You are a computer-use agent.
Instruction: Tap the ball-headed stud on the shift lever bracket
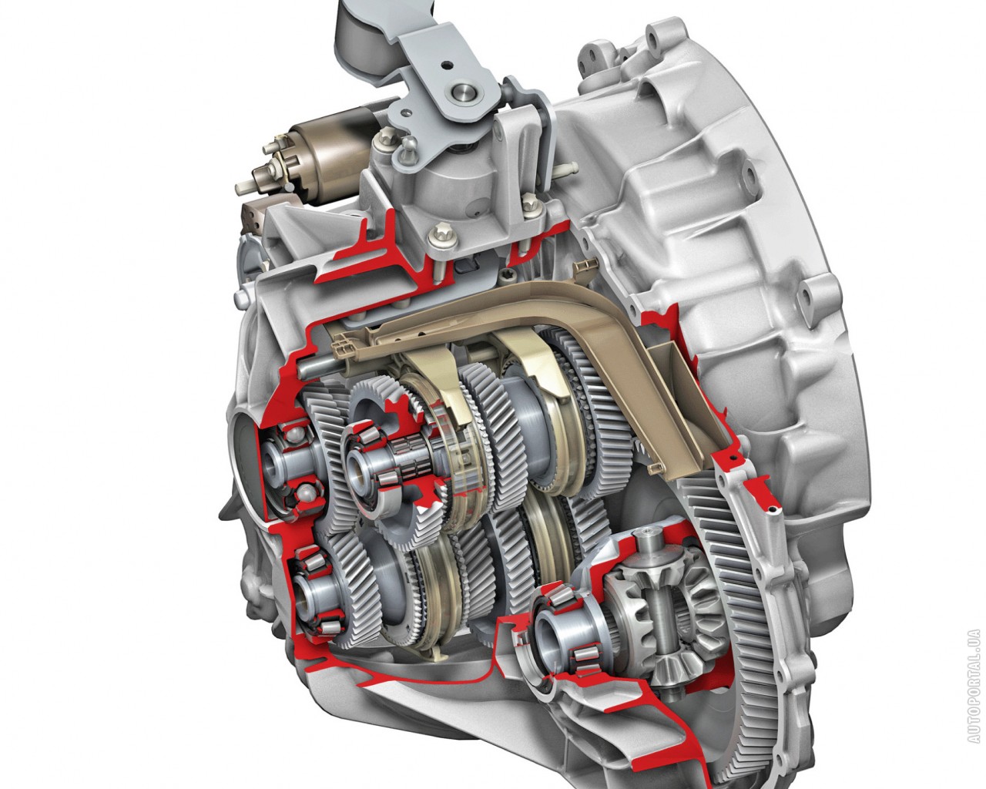pyautogui.click(x=407, y=144)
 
